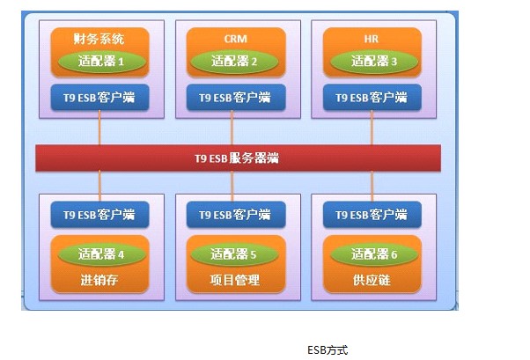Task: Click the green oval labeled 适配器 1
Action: pos(102,62)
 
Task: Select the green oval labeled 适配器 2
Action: pos(234,62)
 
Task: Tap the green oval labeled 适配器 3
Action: pos(374,62)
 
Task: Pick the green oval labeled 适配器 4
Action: pos(102,253)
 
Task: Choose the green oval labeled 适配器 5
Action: pos(234,253)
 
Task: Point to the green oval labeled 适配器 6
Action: pos(374,253)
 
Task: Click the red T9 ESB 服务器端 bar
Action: pos(238,158)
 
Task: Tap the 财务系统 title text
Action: pos(99,39)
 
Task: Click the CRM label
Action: pos(236,39)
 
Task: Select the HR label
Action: pos(372,39)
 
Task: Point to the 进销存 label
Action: pos(99,280)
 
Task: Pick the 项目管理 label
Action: pos(234,280)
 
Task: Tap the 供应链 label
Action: pos(372,280)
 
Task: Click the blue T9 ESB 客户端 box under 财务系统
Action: pos(99,98)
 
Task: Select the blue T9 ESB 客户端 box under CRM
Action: pos(236,98)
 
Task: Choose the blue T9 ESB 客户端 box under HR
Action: pos(372,98)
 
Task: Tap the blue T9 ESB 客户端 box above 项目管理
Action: pos(236,214)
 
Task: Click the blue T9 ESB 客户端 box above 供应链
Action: pos(372,214)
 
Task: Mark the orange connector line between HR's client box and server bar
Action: pos(372,128)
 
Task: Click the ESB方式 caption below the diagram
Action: pos(328,350)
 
